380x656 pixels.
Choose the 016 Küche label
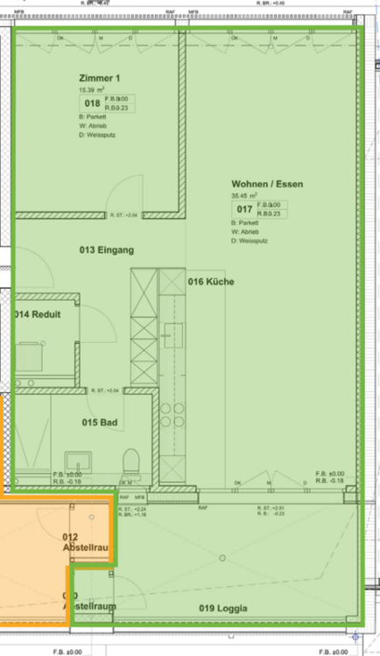tap(212, 281)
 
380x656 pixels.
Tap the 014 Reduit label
tap(38, 315)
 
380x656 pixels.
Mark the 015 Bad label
tap(99, 422)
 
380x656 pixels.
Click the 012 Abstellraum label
tap(85, 542)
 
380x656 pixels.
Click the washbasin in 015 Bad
tap(86, 458)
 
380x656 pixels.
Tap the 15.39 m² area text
tap(91, 90)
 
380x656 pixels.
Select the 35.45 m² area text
tap(245, 196)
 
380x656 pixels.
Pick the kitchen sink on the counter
tap(173, 336)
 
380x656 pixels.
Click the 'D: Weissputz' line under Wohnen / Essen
tap(250, 241)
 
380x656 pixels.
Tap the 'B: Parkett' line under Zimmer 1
tap(92, 116)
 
